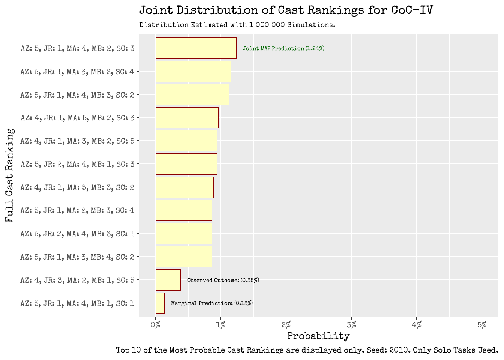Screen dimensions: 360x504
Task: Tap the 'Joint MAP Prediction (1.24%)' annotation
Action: click(283, 48)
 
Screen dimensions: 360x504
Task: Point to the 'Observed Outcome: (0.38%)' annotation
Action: click(223, 280)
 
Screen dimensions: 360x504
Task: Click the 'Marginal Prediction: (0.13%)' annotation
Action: click(211, 303)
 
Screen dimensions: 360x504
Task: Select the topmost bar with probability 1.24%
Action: click(196, 48)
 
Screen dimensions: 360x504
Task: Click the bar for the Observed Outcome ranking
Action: click(168, 280)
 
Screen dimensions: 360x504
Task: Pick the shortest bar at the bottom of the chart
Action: click(160, 303)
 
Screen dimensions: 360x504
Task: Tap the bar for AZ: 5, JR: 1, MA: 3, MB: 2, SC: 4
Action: click(193, 71)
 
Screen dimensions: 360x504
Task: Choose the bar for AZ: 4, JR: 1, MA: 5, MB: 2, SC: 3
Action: click(187, 118)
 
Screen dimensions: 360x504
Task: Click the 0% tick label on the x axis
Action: click(155, 325)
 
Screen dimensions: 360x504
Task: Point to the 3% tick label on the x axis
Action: click(351, 325)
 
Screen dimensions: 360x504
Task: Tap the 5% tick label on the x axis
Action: click(482, 325)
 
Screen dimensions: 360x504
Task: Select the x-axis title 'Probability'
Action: click(318, 336)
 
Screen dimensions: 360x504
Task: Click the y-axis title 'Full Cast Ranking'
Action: click(10, 175)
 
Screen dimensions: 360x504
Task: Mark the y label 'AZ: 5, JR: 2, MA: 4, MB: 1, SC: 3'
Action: click(77, 164)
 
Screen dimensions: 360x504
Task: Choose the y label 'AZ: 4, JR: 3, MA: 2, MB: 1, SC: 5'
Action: click(77, 280)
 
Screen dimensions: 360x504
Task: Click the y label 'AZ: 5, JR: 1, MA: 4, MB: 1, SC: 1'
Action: click(77, 303)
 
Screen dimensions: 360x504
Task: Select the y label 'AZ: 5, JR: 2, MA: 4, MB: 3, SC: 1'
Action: click(77, 234)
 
